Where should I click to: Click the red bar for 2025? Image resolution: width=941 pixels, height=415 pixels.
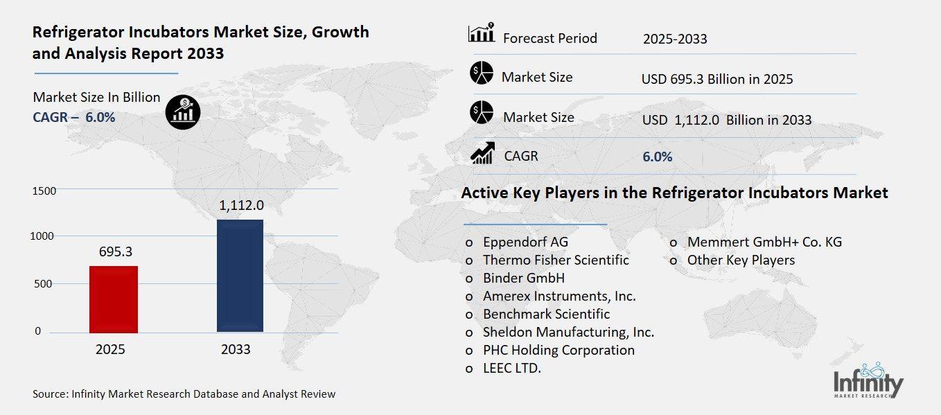114,299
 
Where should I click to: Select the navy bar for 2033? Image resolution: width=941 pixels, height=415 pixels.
240,275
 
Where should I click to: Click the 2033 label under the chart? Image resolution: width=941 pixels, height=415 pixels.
236,350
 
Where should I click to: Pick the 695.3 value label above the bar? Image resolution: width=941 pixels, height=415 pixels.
114,251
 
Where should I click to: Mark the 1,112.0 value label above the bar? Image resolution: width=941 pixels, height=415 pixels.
242,206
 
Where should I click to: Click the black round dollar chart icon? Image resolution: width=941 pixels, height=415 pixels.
183,112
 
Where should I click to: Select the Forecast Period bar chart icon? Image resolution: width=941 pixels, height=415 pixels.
482,33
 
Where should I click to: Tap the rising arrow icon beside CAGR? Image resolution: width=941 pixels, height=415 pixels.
482,154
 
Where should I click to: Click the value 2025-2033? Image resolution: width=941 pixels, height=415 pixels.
674,39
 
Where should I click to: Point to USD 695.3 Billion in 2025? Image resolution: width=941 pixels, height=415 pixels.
716,79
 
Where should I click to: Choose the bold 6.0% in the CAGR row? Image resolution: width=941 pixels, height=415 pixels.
657,157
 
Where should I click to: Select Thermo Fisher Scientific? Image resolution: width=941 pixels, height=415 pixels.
556,260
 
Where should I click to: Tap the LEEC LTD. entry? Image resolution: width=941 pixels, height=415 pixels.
511,369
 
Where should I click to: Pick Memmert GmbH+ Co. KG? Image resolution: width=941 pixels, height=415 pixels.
764,242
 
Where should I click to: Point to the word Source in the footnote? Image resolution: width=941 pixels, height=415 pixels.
50,394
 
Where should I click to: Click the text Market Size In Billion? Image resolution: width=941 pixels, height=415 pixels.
96,98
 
